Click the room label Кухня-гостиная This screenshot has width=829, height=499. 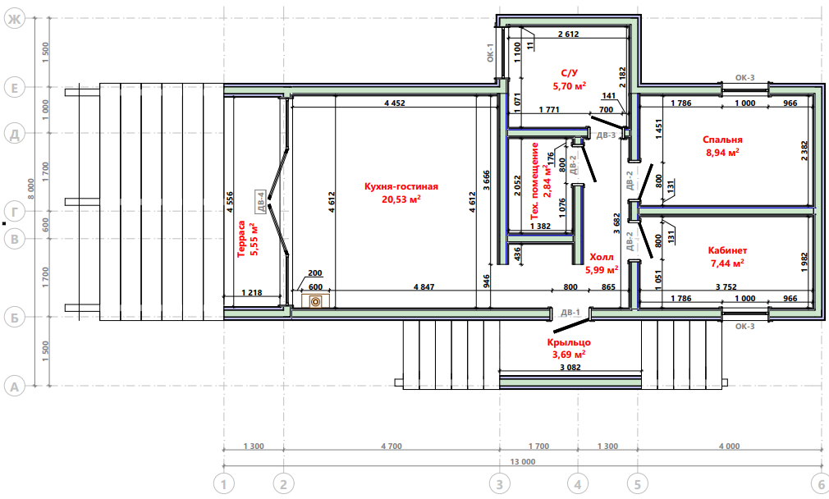click(x=401, y=186)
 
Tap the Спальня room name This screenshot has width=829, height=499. click(x=722, y=140)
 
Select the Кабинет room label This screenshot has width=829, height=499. click(x=727, y=250)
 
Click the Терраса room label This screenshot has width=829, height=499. click(x=242, y=239)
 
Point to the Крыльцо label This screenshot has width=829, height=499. click(x=569, y=342)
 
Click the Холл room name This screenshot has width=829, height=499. click(x=602, y=258)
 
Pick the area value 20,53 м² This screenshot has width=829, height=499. click(x=401, y=199)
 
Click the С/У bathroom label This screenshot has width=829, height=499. click(x=570, y=73)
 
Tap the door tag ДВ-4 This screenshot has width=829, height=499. click(x=260, y=202)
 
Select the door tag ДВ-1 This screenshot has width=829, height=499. click(x=570, y=313)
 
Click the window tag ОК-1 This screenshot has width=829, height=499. click(x=490, y=53)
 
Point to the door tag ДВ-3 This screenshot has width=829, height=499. click(x=606, y=135)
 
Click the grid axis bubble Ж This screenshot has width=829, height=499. click(x=14, y=20)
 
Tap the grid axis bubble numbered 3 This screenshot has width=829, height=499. click(x=500, y=483)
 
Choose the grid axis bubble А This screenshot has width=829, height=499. click(x=14, y=387)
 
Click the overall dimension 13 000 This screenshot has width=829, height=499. click(x=522, y=461)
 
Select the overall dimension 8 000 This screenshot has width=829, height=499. click(x=31, y=189)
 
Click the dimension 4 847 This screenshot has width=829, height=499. click(x=424, y=287)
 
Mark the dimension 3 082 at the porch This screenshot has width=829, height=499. click(x=570, y=368)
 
